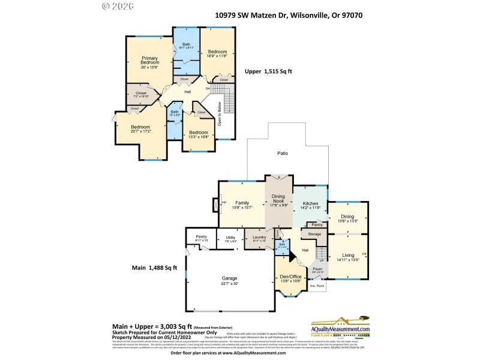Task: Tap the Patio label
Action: coord(282,154)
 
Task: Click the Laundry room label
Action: coord(259,239)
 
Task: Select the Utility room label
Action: coord(230,239)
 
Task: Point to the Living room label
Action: coord(348,257)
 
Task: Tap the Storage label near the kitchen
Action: coord(315,233)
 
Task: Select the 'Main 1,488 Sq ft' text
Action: coord(155,268)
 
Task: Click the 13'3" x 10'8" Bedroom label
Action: coord(199,134)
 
